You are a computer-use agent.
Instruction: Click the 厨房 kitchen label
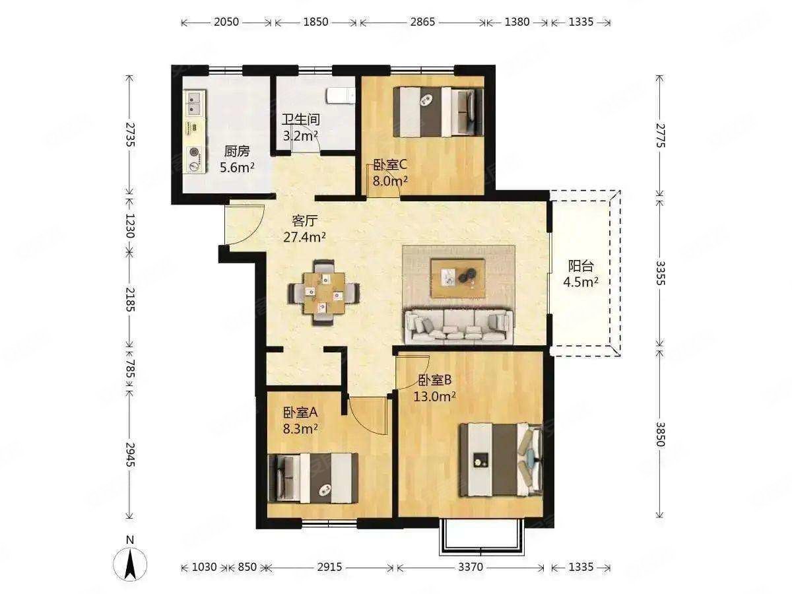[237, 152]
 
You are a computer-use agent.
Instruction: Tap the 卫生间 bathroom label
[300, 119]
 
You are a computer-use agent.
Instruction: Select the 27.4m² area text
[304, 238]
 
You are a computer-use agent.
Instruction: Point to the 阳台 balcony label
[581, 266]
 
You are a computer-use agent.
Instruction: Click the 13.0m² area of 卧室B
[434, 397]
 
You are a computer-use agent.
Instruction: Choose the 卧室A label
[300, 412]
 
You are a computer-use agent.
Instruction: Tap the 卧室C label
[389, 165]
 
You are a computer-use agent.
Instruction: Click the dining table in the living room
[323, 293]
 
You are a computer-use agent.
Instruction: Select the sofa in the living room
[459, 325]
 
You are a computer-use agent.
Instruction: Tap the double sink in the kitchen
[194, 103]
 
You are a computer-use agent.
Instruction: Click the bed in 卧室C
[438, 112]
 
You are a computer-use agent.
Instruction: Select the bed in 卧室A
[313, 477]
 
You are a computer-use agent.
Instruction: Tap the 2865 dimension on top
[422, 22]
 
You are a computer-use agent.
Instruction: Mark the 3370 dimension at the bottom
[471, 568]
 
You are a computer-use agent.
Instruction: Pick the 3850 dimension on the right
[660, 434]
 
